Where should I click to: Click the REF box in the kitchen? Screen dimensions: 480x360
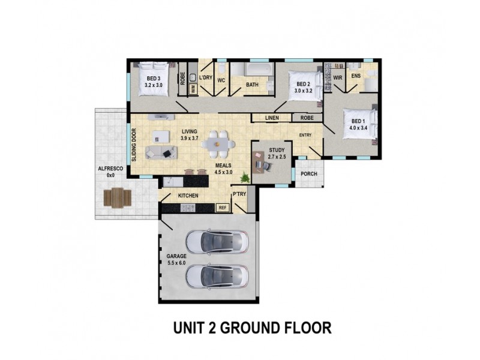[223, 208]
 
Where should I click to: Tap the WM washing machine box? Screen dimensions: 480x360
[193, 88]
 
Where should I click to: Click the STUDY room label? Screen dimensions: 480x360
[277, 150]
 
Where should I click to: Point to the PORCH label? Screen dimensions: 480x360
[309, 174]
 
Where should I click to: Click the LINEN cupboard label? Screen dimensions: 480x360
[272, 118]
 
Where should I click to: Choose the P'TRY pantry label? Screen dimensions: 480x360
[239, 194]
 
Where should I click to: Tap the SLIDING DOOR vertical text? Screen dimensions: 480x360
[134, 145]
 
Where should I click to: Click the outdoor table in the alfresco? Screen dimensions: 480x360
[118, 197]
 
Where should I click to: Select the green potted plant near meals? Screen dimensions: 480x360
[245, 177]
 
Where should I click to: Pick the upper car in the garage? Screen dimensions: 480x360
[217, 242]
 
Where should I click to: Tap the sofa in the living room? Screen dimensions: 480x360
[161, 152]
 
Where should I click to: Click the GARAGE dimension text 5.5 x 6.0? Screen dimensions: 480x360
[176, 262]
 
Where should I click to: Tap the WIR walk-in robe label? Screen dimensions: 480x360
[338, 78]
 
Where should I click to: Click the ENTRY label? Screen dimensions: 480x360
[305, 135]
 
